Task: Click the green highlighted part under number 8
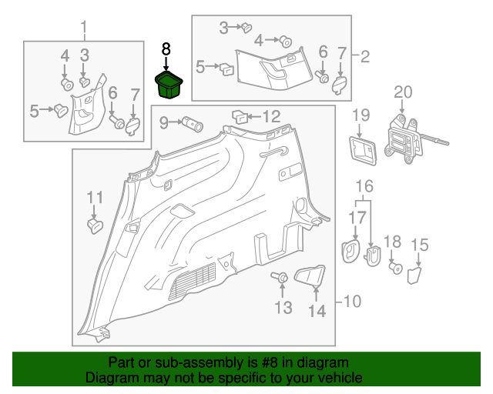pos(169,85)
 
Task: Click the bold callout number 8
pos(166,49)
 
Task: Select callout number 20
pos(403,92)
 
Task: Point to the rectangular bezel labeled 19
pos(363,151)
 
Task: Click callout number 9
pos(164,122)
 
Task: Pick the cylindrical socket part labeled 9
pos(193,124)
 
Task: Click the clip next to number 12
pos(240,117)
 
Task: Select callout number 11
pos(95,197)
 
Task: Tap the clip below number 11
pos(95,226)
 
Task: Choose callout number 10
pos(353,302)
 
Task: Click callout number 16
pos(364,186)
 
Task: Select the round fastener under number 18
pos(396,268)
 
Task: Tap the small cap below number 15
pos(414,275)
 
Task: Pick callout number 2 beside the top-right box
pos(364,57)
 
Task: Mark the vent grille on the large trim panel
pos(193,281)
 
